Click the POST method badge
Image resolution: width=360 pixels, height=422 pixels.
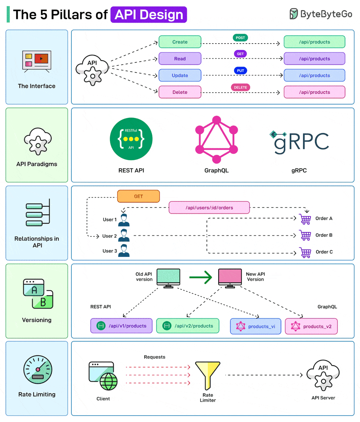point(240,38)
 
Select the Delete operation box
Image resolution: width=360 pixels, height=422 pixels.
point(180,92)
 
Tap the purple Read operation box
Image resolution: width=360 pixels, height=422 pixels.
point(180,59)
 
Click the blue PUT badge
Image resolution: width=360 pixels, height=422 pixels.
point(240,71)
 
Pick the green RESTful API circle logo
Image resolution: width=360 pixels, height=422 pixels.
point(131,139)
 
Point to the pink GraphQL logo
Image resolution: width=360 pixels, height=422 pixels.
point(216,139)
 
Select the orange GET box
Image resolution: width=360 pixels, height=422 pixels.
point(138,196)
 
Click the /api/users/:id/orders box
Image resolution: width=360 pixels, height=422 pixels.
point(209,208)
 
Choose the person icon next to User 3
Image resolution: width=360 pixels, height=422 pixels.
point(124,251)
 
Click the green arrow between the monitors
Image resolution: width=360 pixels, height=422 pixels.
point(201,277)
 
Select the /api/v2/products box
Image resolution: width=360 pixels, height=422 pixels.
point(188,326)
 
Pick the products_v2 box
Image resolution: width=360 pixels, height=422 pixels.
point(311,326)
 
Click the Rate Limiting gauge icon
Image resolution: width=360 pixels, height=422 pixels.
point(38,369)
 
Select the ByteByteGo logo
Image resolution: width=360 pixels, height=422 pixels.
point(321,14)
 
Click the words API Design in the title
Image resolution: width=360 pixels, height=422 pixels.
point(149,15)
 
